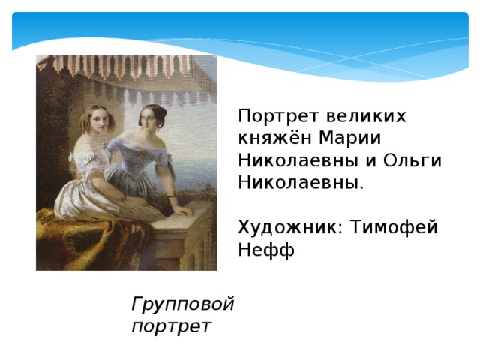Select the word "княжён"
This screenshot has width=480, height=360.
click(274, 139)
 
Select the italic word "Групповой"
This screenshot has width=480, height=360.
click(182, 304)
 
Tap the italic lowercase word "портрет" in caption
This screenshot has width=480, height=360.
click(170, 325)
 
